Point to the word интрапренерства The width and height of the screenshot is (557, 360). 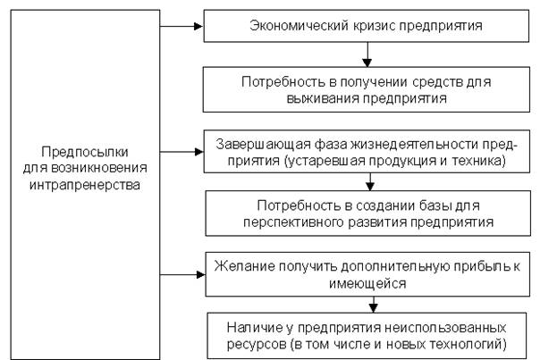[83, 184]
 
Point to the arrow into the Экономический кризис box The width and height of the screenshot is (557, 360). [191, 26]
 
